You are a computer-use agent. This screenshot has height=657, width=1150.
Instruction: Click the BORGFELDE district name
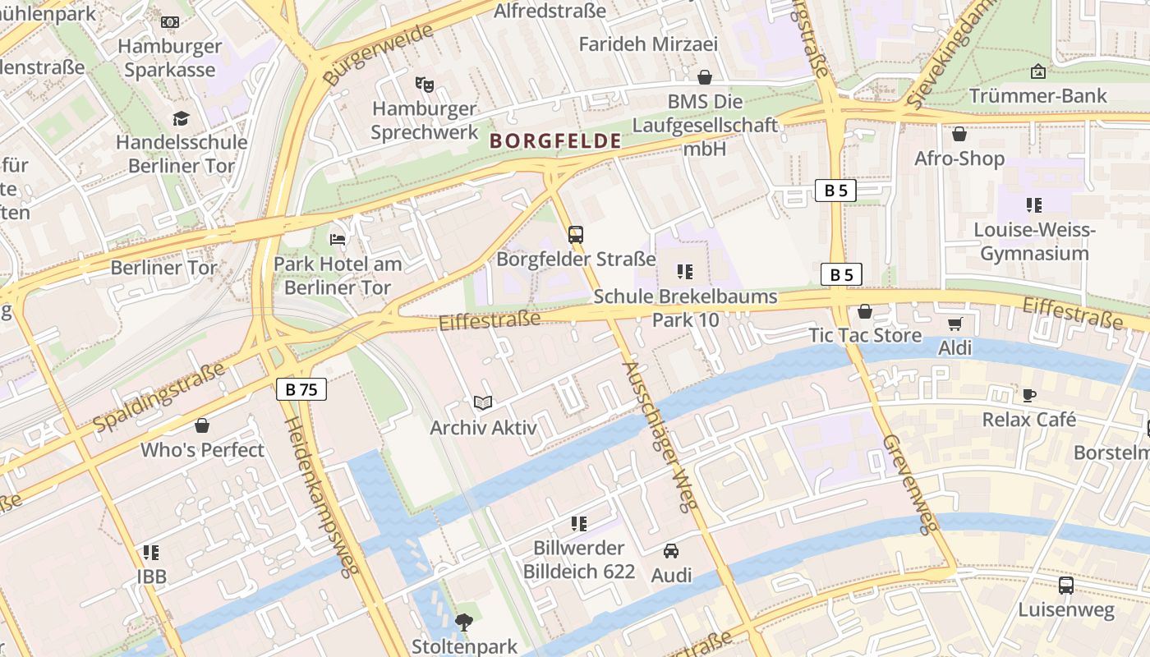[555, 141]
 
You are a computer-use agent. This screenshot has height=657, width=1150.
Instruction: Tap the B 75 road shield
[301, 389]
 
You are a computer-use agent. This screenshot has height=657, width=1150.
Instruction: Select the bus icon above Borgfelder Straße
[576, 235]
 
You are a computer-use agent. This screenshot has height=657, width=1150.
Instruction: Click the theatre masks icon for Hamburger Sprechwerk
[424, 84]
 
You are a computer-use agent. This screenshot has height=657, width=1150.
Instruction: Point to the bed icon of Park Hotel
[338, 240]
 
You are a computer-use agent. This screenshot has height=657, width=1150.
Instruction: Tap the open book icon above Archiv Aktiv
[483, 403]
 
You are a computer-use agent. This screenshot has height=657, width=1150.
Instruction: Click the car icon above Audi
[671, 551]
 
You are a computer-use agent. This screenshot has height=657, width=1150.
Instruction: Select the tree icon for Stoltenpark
[464, 623]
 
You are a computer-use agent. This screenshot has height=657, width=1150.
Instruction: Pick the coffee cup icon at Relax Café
[1028, 395]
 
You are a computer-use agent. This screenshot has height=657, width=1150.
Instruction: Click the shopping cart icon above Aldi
[954, 324]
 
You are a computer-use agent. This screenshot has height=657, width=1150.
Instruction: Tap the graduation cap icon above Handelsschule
[181, 119]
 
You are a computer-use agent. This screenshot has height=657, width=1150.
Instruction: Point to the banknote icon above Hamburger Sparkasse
[170, 22]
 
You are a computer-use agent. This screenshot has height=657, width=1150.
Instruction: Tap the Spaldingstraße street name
[159, 397]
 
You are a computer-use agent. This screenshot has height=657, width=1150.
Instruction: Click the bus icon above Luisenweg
[1065, 586]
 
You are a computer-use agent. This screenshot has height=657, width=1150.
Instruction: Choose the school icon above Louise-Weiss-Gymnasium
[1033, 205]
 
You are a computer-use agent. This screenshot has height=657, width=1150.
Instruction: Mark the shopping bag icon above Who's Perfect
[202, 425]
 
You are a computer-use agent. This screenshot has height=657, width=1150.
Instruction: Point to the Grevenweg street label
[910, 484]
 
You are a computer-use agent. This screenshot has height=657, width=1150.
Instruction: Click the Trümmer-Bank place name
[1038, 96]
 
